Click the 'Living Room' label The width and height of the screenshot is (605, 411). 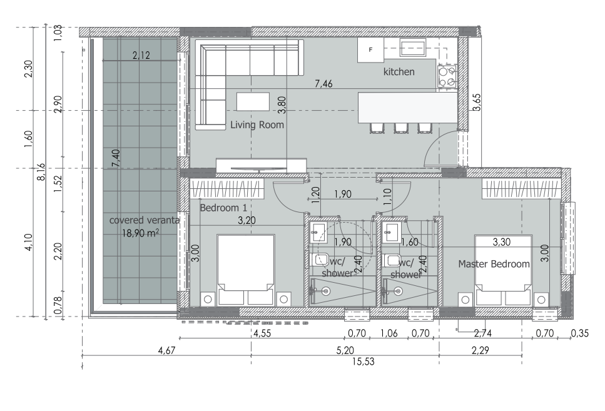point(257,124)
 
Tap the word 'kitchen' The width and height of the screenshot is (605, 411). point(399,72)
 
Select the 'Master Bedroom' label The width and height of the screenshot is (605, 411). point(494,264)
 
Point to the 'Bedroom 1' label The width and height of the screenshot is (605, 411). point(223,208)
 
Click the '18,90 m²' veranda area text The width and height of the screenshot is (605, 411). point(140,233)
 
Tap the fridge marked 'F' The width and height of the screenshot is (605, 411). point(371,50)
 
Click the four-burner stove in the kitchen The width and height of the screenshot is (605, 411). point(447,76)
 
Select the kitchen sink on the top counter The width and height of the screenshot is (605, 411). point(413,48)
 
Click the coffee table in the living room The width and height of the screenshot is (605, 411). point(253,101)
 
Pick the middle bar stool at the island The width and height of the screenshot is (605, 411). point(400,128)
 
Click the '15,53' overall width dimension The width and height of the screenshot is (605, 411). point(364,362)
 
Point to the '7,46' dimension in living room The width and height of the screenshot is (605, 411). point(323,83)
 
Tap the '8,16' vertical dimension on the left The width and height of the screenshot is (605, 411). point(41,171)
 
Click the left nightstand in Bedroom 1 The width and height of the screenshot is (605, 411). point(208,298)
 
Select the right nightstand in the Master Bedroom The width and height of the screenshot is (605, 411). point(541,300)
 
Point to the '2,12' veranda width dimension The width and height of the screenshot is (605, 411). point(141,55)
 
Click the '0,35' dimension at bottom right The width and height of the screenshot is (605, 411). point(580,333)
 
